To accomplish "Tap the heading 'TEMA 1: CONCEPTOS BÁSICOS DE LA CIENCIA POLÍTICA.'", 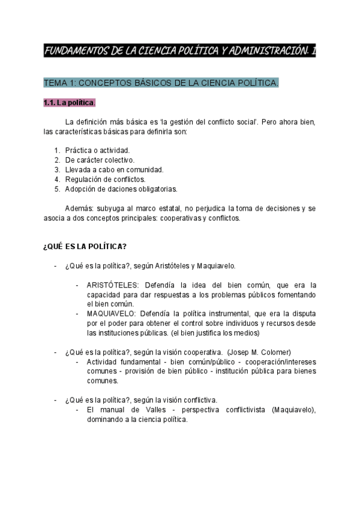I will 161,83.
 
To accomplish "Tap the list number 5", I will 56,189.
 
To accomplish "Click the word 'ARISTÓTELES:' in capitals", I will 111,285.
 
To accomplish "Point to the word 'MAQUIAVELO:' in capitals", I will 110,313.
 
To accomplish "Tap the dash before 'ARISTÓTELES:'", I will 78,285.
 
